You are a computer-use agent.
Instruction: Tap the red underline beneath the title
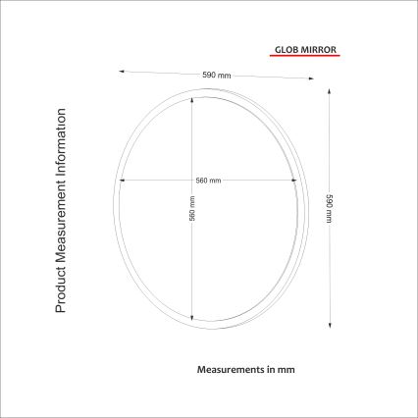303,56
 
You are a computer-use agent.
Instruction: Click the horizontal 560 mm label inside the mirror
208,181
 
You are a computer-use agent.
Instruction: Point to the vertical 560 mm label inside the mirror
191,209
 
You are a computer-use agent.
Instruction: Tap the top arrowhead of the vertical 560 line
191,101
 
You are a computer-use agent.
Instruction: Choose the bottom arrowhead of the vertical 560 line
191,318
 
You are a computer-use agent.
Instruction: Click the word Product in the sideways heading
60,290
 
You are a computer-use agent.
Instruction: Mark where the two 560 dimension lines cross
191,180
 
